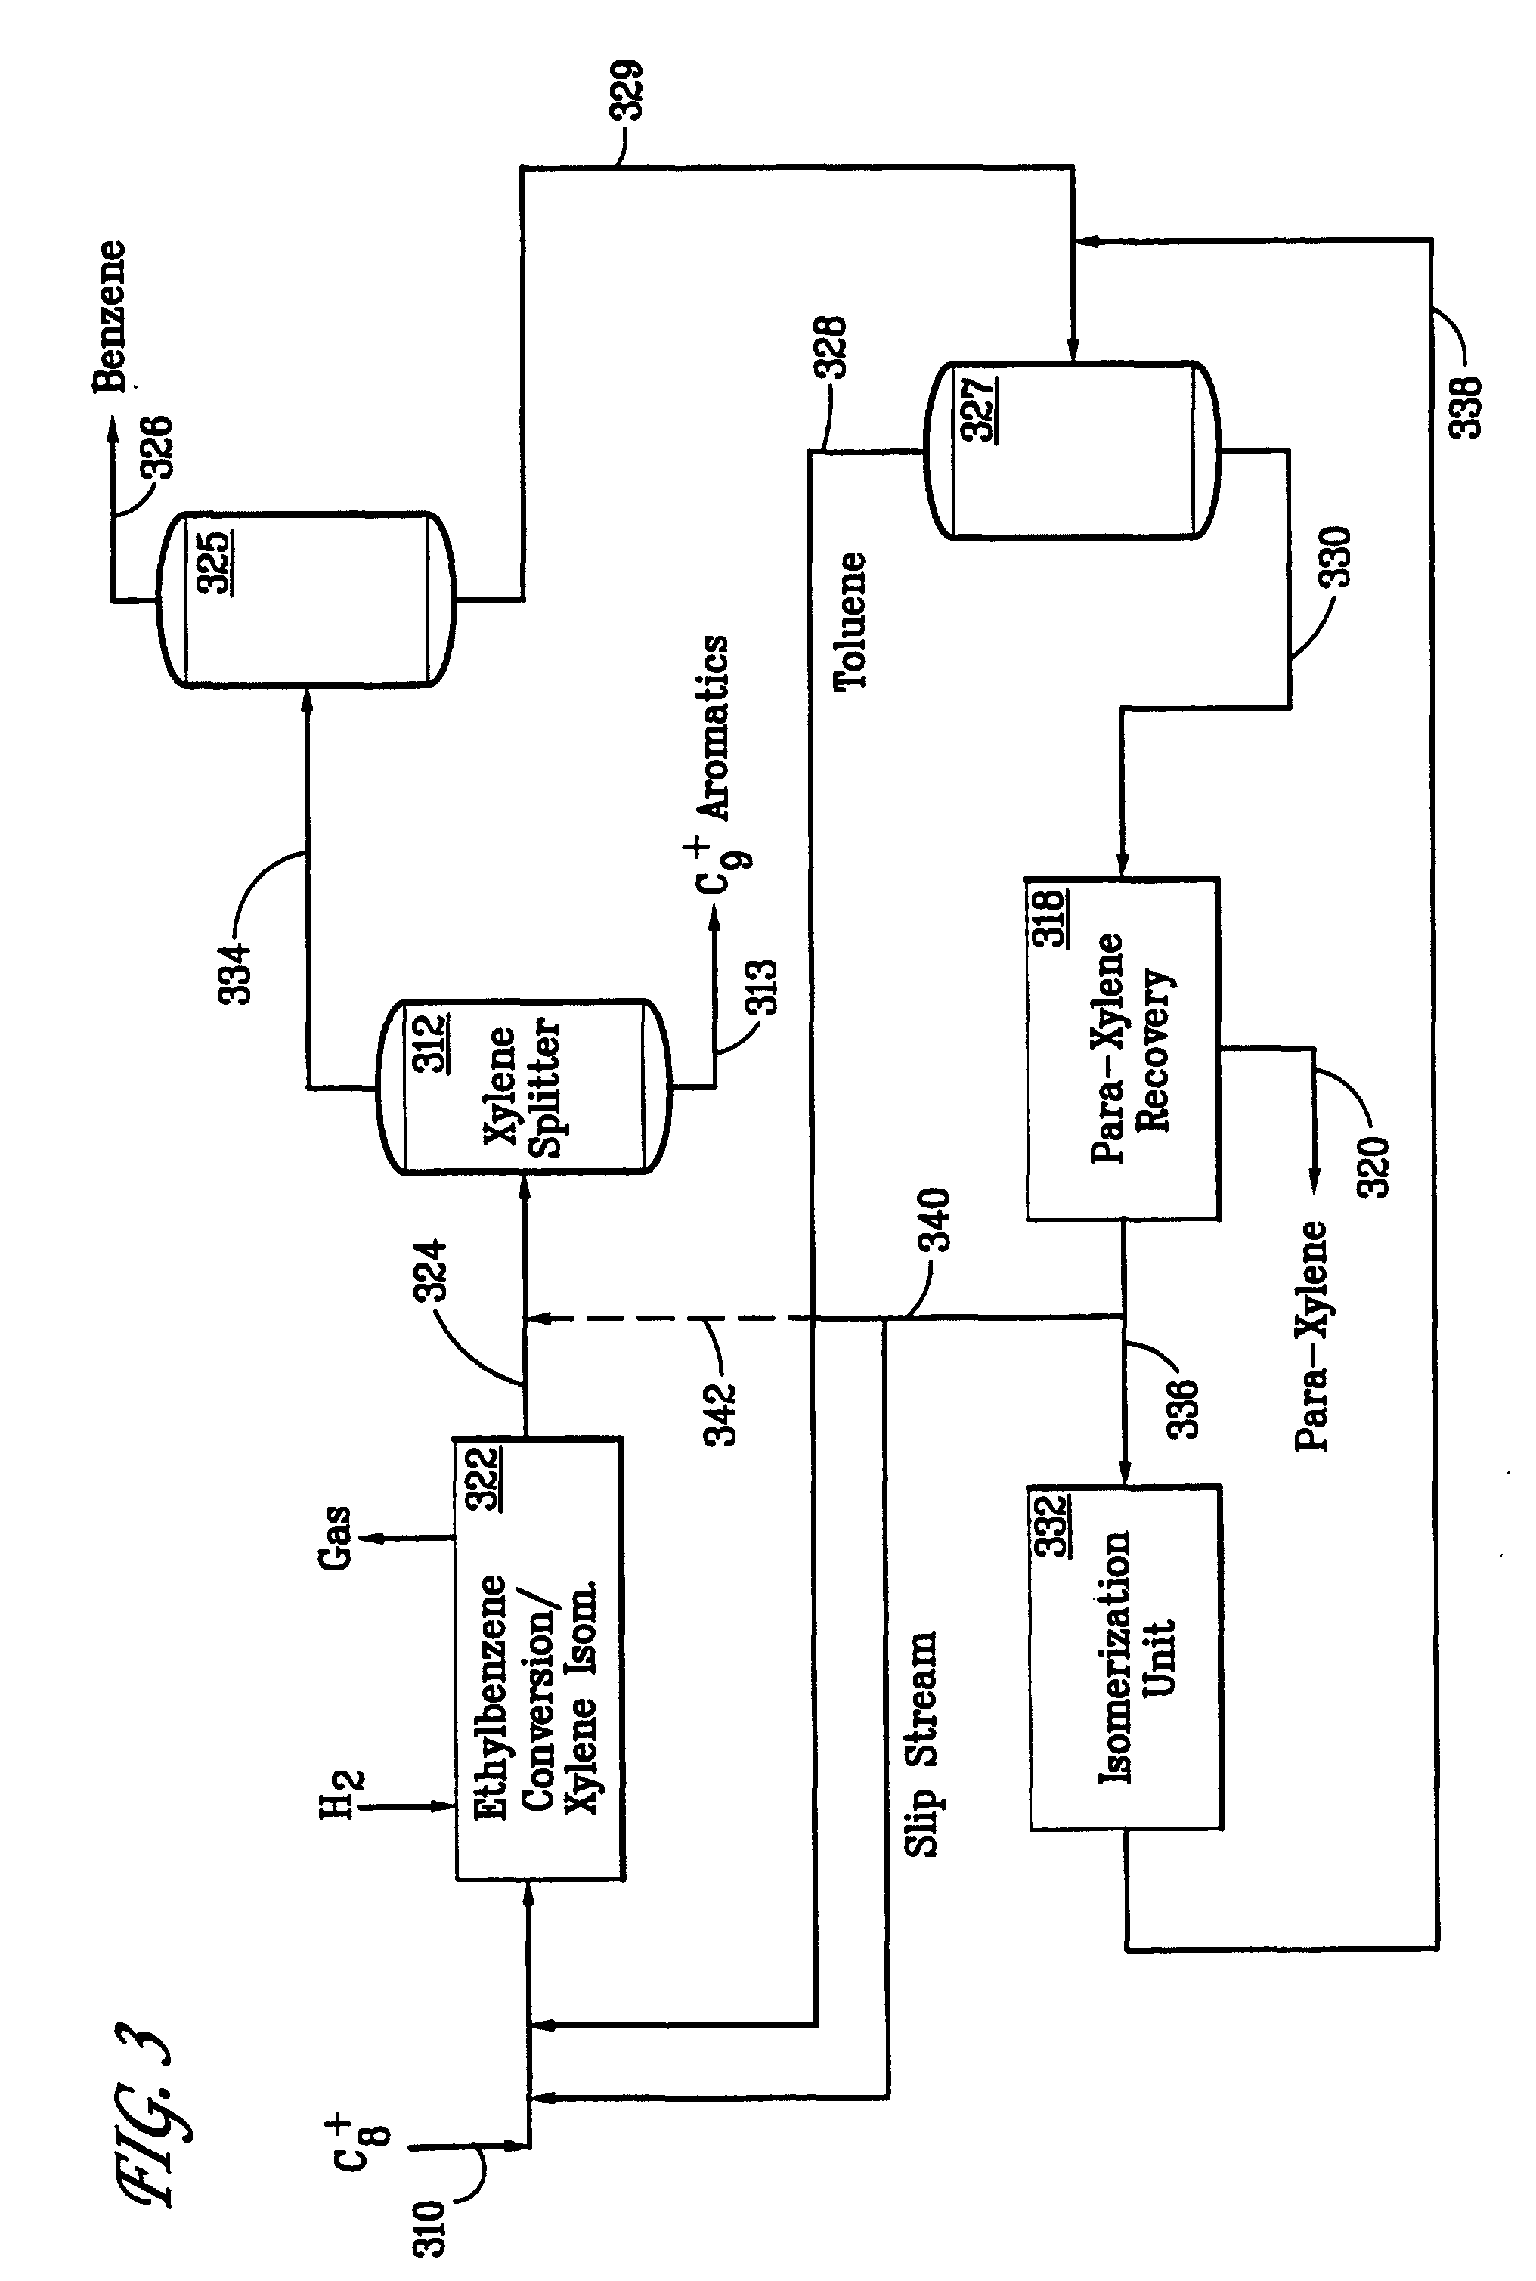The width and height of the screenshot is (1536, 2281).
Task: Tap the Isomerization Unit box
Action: coord(1125,1658)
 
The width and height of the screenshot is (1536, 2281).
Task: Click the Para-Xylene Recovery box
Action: coord(1123,1049)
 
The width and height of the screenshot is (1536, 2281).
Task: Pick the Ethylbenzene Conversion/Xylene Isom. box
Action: coord(539,1659)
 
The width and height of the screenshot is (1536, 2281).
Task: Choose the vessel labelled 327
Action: coord(1073,451)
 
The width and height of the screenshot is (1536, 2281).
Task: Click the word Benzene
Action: coord(110,317)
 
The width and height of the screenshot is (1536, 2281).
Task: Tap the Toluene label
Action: coord(850,621)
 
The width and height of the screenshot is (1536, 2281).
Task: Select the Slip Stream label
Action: coord(920,1743)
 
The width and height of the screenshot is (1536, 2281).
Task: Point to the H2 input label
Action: coord(342,1795)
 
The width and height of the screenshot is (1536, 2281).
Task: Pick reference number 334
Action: coord(235,973)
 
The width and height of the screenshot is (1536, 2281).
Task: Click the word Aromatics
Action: coord(712,727)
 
